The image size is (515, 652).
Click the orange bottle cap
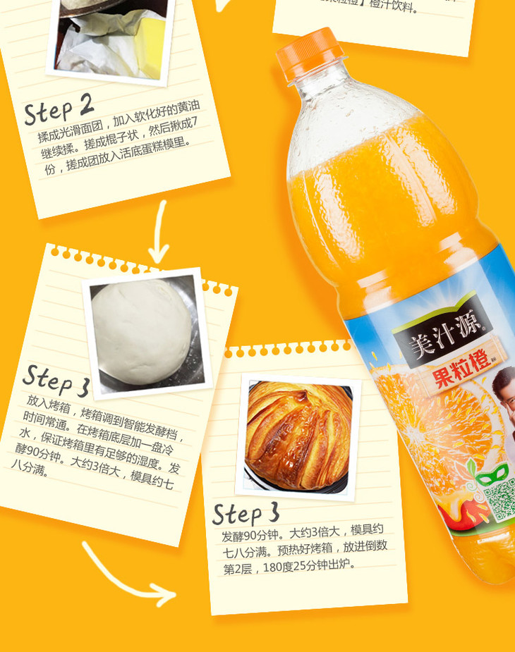tap(309, 53)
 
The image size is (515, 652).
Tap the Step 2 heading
tap(59, 109)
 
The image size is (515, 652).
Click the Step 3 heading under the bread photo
tap(246, 513)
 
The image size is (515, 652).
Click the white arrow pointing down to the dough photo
tap(159, 233)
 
